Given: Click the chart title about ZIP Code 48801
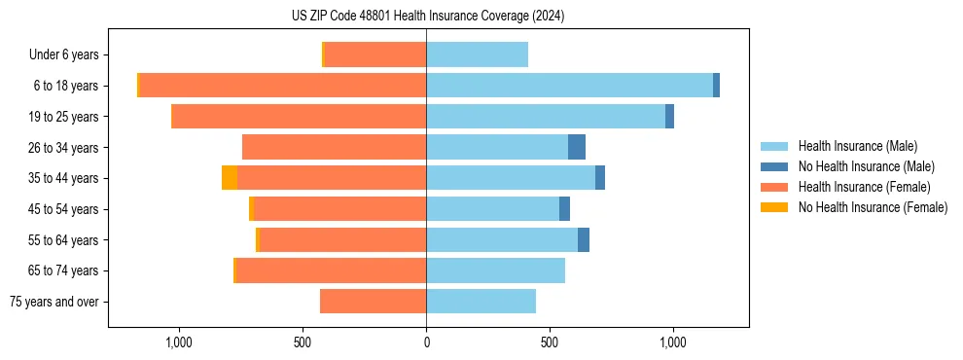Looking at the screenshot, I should pyautogui.click(x=428, y=16).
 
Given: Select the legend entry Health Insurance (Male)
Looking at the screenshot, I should pyautogui.click(x=857, y=146).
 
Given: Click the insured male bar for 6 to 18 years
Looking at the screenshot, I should pyautogui.click(x=569, y=86).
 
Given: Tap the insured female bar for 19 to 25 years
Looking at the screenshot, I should pyautogui.click(x=299, y=117).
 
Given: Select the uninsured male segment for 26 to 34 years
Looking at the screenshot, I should pyautogui.click(x=577, y=148).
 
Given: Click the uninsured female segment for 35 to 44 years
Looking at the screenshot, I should pyautogui.click(x=230, y=178).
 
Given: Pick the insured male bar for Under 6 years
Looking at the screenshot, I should pyautogui.click(x=477, y=55).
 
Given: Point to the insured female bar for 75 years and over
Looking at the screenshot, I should pyautogui.click(x=373, y=302).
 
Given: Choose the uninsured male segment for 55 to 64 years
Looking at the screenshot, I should pyautogui.click(x=584, y=240).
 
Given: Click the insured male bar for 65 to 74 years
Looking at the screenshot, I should pyautogui.click(x=495, y=270).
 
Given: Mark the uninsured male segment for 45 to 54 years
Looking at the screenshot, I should pyautogui.click(x=564, y=209).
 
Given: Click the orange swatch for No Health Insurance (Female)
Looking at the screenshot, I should pyautogui.click(x=773, y=207).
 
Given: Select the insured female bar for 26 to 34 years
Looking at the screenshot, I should pyautogui.click(x=334, y=148).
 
